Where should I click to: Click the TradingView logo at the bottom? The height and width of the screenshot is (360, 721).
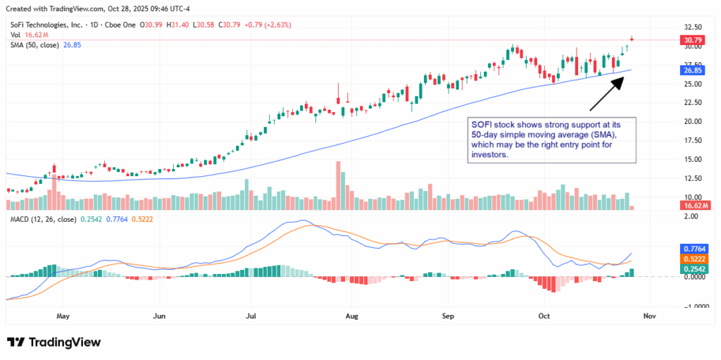coord(54,342)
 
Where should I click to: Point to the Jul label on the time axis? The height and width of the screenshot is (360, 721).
coord(250,317)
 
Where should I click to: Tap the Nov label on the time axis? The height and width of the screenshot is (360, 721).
coord(649,317)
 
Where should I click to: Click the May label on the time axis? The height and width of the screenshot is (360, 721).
coord(63,317)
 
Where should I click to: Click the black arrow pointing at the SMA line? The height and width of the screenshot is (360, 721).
coord(606,93)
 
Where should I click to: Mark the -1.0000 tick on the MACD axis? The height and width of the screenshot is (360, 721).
coord(694,306)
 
